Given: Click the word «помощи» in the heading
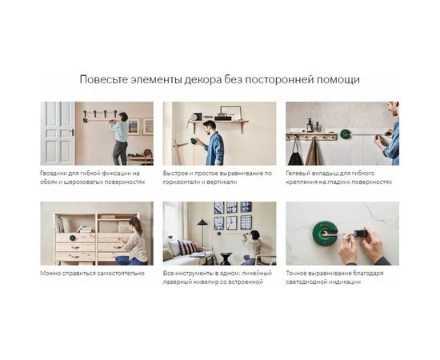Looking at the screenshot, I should click(x=339, y=80).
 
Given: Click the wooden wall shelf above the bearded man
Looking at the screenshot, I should click(x=218, y=122).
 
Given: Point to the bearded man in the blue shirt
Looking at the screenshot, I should click(x=214, y=141).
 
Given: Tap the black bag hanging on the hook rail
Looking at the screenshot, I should click(x=298, y=151).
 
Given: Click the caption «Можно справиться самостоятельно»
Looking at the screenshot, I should click(x=92, y=273).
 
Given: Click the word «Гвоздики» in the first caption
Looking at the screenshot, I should click(x=54, y=173).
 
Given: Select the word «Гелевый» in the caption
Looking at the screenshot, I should click(x=300, y=173).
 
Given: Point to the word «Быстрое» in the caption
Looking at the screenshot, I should click(x=177, y=173).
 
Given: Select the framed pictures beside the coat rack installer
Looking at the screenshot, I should click(x=140, y=126).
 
